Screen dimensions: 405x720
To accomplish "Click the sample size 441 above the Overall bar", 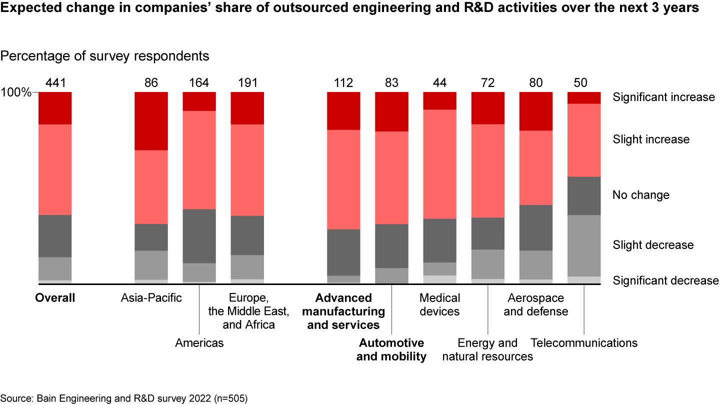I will pos(55,83).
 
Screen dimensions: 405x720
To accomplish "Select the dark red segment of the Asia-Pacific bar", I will pos(151,121).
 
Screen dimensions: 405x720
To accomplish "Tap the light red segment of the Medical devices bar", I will pos(439,164).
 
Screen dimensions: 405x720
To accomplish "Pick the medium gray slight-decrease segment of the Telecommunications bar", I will pos(583,245).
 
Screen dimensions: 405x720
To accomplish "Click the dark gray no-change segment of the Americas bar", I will pos(199,236).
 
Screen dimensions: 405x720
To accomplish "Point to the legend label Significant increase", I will pos(663,97).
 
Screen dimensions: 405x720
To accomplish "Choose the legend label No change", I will pos(640,195).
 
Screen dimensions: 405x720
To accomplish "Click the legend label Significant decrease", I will pos(665,280).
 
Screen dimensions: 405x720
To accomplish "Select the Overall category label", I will pos(55,298).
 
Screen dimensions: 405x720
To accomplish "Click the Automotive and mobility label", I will pos(391,349).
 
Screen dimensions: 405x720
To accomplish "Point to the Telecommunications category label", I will pos(583,343).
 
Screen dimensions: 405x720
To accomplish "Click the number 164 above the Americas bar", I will pos(199,83).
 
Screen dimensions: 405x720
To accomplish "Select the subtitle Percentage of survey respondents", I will pos(104,56).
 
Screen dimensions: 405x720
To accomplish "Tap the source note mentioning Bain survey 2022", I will pos(124,398).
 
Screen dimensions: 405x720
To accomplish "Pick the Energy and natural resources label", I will pos(487,349).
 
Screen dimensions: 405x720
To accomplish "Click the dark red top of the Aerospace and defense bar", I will pos(535,111).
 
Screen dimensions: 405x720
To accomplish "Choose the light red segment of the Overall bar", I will pos(55,169).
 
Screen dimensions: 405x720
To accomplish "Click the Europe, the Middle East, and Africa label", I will pos(248,311).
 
